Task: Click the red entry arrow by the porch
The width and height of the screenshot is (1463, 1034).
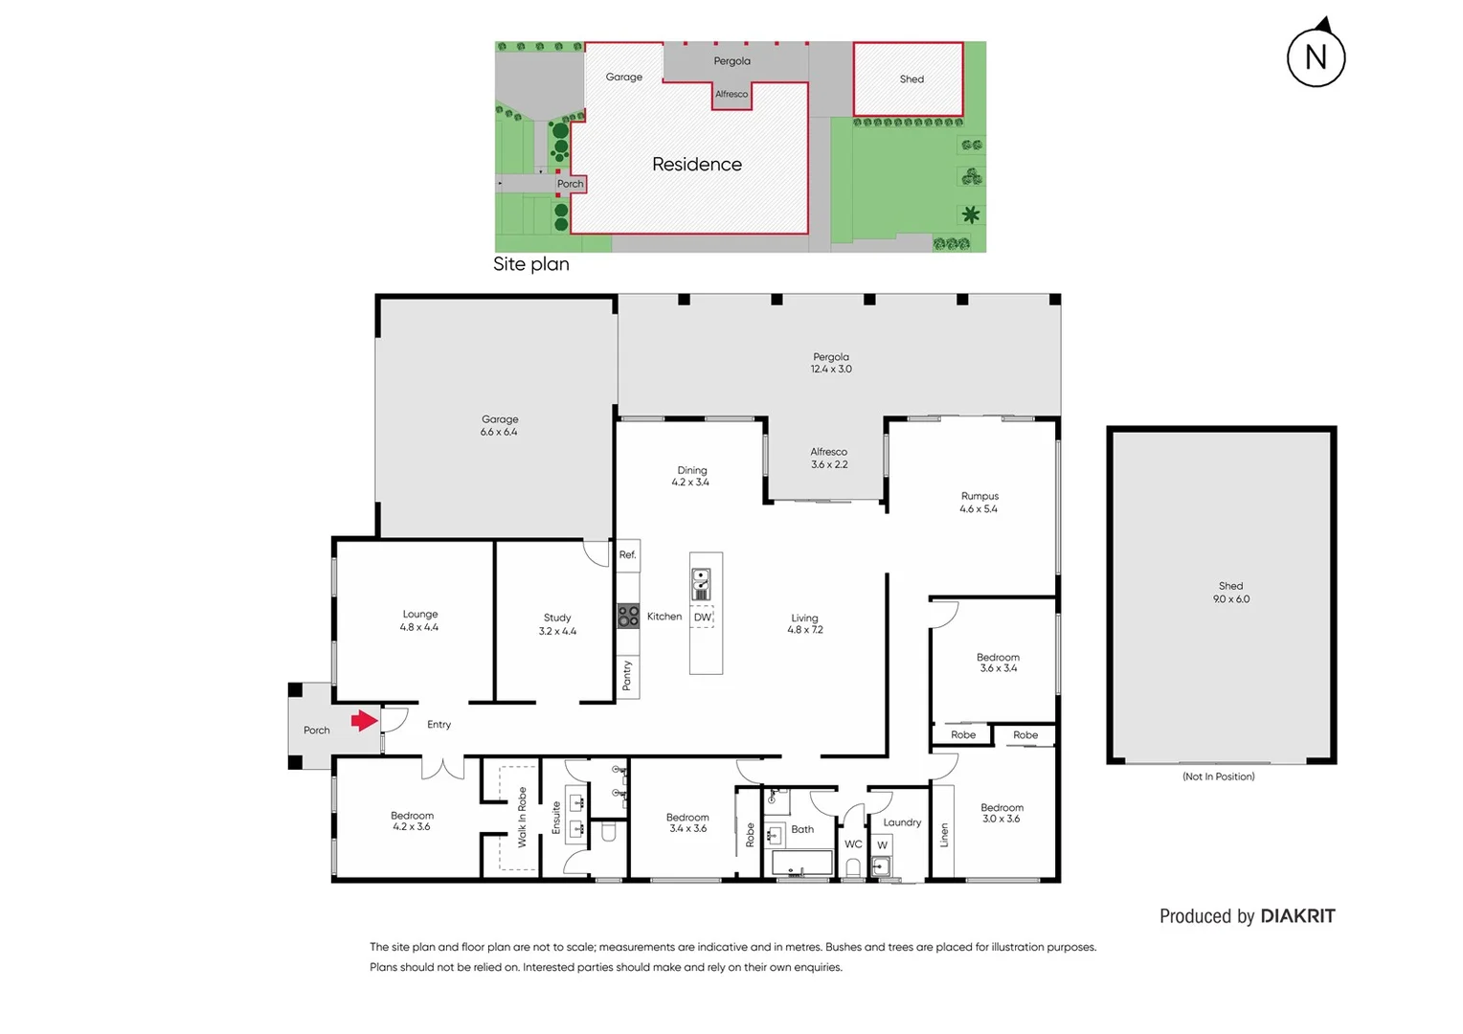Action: coord(364,721)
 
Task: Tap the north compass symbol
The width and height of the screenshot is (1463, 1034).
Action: coord(1316,56)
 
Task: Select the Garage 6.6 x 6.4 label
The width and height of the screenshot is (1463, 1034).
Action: coord(499,425)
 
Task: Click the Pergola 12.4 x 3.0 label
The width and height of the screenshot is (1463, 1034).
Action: coord(830,363)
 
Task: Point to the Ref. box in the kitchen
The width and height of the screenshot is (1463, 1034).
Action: coord(627,555)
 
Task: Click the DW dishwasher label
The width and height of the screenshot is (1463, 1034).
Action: coord(703,618)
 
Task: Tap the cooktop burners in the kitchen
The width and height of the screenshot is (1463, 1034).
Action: coord(628,616)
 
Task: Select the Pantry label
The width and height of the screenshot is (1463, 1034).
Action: coord(627,675)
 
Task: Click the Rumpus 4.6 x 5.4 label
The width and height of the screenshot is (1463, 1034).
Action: coord(979,503)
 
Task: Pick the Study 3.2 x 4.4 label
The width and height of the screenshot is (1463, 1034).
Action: coord(557,624)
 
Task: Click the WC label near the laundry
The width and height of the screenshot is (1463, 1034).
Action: coord(852,844)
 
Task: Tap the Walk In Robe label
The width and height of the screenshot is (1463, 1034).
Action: coord(522,817)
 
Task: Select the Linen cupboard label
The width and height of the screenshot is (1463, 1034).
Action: coord(943,835)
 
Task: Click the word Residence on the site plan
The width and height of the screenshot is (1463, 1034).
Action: coord(696,165)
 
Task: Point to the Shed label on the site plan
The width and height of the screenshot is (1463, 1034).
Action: coord(911,79)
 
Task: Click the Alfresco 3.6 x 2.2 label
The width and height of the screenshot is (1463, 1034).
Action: coord(828,458)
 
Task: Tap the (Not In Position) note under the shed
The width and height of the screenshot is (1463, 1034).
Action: coord(1218,776)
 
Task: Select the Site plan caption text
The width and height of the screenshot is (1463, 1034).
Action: coord(530,264)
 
